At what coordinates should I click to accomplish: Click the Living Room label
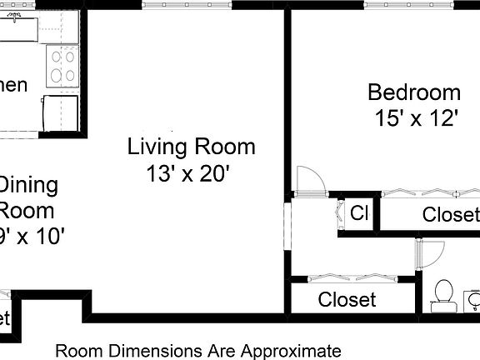click(x=191, y=147)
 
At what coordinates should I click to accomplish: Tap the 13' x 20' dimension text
click(x=187, y=174)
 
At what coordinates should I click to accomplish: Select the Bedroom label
click(x=413, y=92)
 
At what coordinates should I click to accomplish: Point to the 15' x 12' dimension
click(x=417, y=118)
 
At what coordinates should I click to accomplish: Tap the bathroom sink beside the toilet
click(x=472, y=298)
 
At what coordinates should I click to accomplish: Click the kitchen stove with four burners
click(x=61, y=67)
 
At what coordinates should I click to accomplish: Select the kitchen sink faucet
click(x=17, y=19)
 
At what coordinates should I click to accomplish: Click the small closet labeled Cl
click(x=359, y=213)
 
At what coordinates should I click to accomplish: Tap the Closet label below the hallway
click(x=347, y=299)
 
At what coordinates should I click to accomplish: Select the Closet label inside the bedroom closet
click(x=451, y=215)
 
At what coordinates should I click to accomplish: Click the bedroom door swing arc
click(x=306, y=178)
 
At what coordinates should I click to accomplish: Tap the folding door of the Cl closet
click(x=341, y=213)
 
